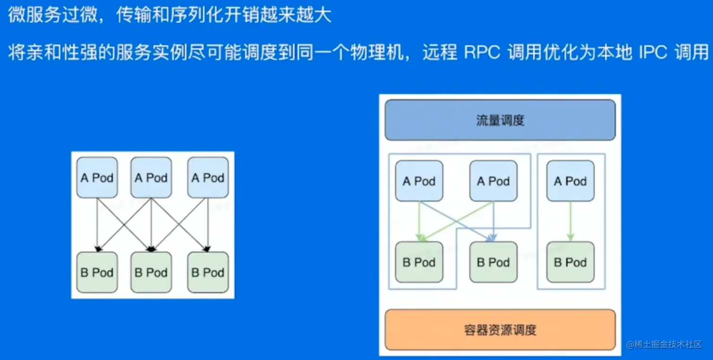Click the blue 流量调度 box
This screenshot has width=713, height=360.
(500, 120)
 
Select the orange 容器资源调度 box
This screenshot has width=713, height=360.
(500, 330)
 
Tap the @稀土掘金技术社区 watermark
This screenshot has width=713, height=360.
(664, 344)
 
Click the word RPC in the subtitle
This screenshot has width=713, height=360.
(482, 52)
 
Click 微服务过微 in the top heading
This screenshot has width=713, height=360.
(53, 15)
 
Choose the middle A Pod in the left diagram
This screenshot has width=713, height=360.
(151, 177)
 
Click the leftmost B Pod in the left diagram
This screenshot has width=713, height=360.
(97, 272)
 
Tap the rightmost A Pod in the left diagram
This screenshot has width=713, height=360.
(208, 177)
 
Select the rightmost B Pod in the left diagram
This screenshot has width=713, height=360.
(208, 272)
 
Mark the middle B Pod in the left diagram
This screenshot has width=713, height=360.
(151, 272)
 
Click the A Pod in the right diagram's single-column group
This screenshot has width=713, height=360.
(571, 181)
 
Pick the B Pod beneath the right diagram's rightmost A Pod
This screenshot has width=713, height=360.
(571, 262)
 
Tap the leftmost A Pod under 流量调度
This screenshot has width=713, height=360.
(419, 181)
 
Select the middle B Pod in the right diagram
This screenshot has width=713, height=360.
(493, 262)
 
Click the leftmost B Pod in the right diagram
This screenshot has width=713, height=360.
(419, 262)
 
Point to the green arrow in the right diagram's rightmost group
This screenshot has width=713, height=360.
(571, 221)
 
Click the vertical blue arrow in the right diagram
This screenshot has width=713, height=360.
(493, 221)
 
